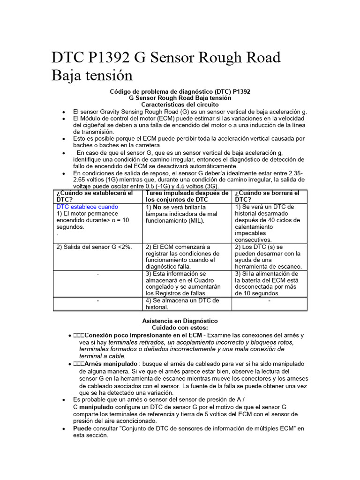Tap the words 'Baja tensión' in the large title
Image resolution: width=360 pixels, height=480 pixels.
92,75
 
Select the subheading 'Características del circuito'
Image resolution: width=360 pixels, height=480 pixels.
180,105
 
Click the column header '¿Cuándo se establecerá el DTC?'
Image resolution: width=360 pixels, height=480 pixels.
94,196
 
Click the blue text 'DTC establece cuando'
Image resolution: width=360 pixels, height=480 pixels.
87,207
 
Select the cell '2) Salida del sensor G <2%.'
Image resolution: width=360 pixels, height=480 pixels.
94,247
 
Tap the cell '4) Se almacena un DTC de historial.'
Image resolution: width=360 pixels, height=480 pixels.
182,304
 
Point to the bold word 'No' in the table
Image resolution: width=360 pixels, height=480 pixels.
158,207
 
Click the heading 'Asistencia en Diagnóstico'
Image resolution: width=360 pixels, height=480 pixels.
180,321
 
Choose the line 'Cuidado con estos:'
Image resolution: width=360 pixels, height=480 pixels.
180,328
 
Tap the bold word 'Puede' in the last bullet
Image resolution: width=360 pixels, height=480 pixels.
82,428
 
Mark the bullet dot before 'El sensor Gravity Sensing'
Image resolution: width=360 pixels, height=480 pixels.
63,112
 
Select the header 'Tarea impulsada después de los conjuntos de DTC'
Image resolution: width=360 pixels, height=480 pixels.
187,196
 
